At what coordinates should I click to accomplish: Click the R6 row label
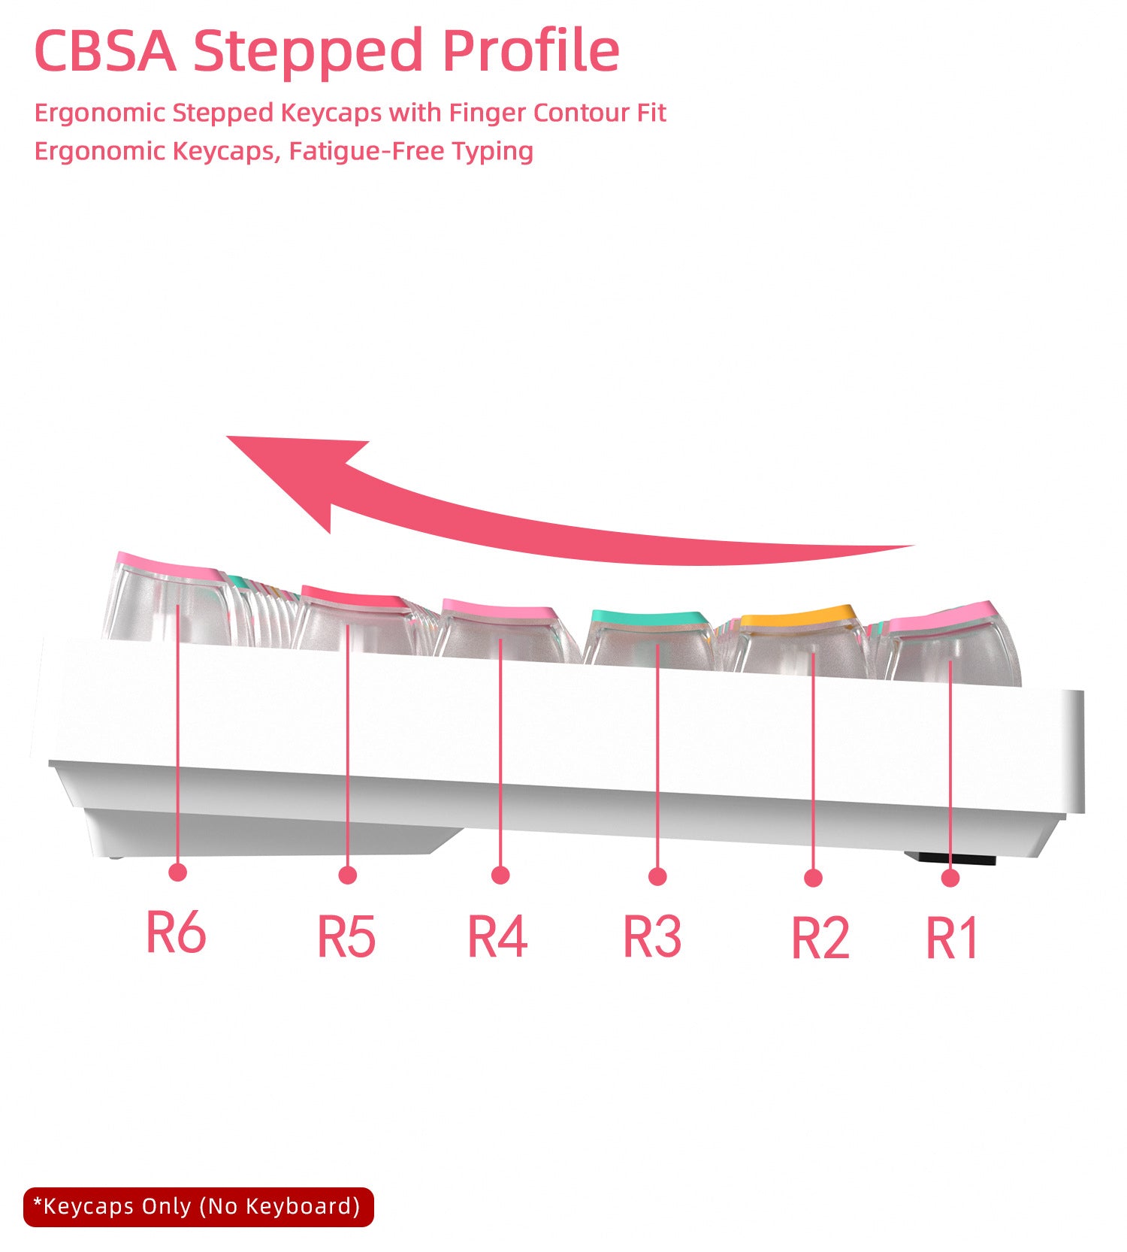tap(176, 932)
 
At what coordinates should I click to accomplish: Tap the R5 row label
tap(346, 936)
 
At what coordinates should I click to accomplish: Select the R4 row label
tap(497, 936)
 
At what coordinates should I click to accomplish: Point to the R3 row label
tap(652, 936)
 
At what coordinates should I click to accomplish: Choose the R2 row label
tap(820, 938)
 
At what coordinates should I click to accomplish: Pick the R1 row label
tap(951, 938)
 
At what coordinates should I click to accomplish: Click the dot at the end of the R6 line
tap(178, 872)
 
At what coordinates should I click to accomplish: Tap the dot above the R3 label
tap(657, 876)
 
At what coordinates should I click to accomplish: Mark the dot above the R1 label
tap(950, 878)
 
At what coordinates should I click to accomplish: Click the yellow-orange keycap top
tap(798, 617)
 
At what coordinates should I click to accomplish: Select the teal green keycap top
tap(651, 618)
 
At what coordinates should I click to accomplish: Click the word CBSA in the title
tap(105, 51)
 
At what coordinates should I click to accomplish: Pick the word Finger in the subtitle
tap(488, 113)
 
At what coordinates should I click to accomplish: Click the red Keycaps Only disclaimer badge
tap(198, 1207)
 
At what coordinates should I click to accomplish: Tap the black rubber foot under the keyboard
tap(950, 858)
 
